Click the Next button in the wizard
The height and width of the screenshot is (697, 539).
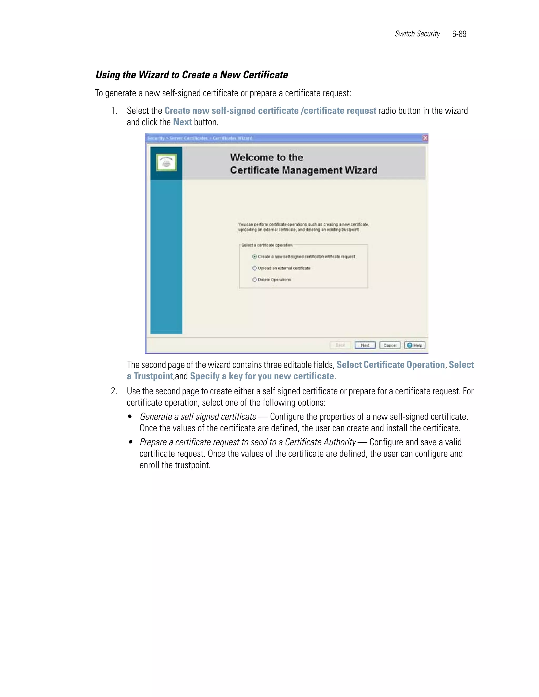[365, 345]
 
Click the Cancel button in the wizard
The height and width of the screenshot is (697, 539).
[390, 345]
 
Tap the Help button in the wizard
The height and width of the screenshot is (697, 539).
[415, 345]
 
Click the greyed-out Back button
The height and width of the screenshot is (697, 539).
[340, 345]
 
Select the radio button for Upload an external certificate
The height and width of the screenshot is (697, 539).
[254, 268]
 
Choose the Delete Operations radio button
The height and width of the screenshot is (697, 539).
[254, 280]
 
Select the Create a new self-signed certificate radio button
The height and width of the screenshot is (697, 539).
[254, 257]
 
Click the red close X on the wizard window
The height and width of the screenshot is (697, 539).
[425, 138]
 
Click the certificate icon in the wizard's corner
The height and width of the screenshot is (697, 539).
[166, 163]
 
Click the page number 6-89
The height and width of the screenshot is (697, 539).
[459, 34]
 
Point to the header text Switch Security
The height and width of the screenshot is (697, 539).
[417, 34]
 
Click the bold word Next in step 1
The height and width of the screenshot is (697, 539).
[182, 122]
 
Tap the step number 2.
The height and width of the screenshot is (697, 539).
[114, 391]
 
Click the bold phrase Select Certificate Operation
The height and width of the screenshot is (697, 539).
[391, 365]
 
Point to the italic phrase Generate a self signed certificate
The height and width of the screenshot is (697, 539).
[198, 417]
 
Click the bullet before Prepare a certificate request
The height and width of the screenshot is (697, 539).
[130, 442]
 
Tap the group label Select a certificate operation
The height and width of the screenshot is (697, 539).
[267, 245]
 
